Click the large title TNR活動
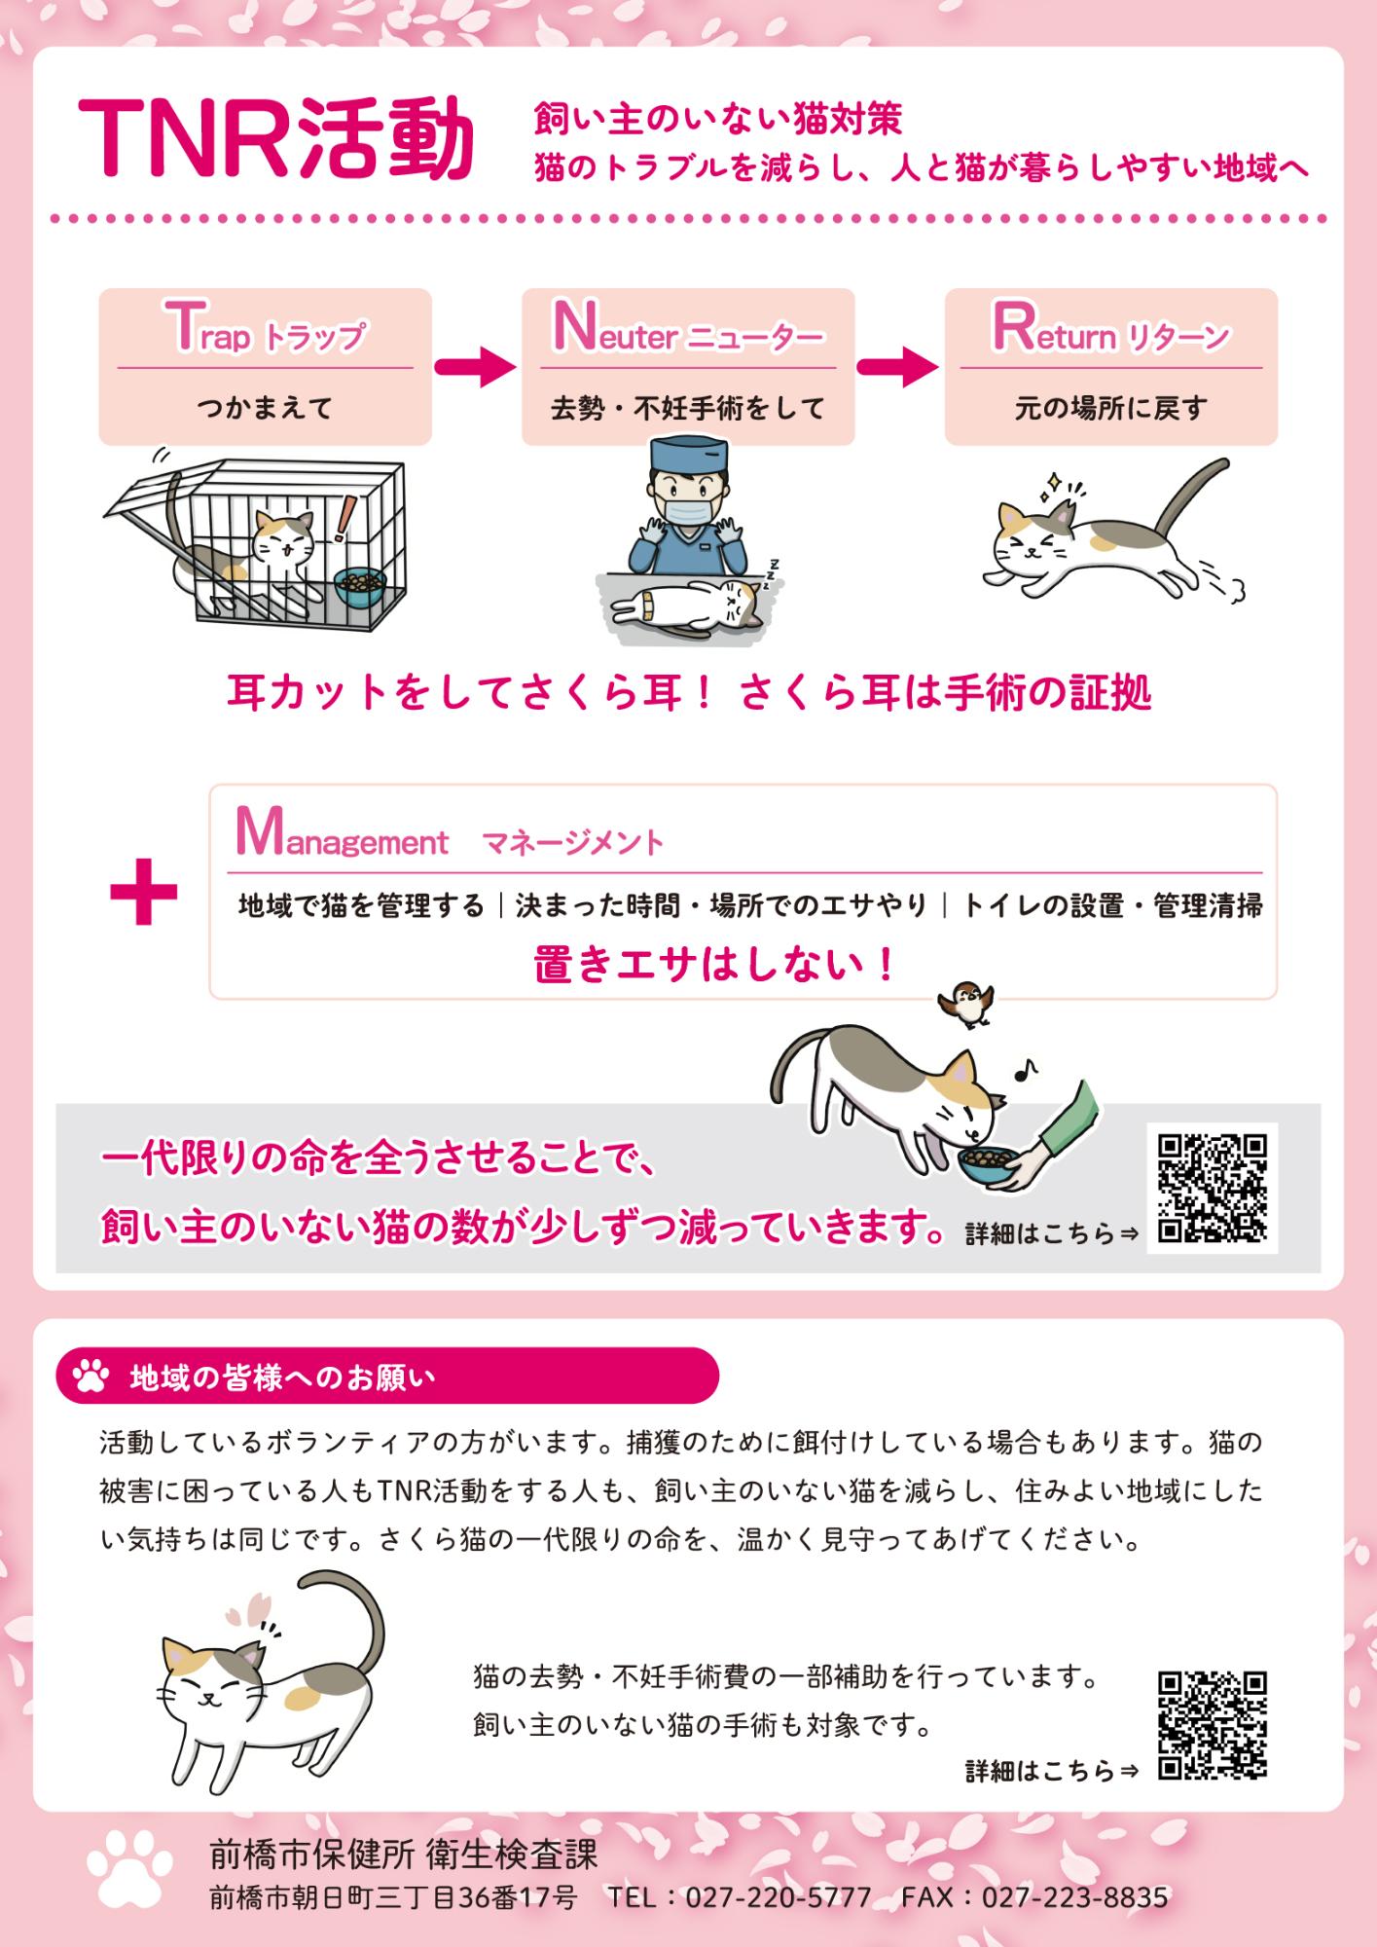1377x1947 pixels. [275, 139]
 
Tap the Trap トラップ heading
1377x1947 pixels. [265, 332]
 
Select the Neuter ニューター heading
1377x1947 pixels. [687, 332]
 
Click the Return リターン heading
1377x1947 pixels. [1110, 332]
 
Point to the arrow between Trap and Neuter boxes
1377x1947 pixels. [475, 367]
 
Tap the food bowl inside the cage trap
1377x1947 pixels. [359, 587]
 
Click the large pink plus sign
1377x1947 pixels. [143, 892]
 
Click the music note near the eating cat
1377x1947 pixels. [1024, 1070]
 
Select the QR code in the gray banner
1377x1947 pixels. [1212, 1189]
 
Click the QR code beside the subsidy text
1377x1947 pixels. [1212, 1726]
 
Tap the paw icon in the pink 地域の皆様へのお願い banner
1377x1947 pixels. [91, 1377]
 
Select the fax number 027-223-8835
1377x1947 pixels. [1073, 1898]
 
